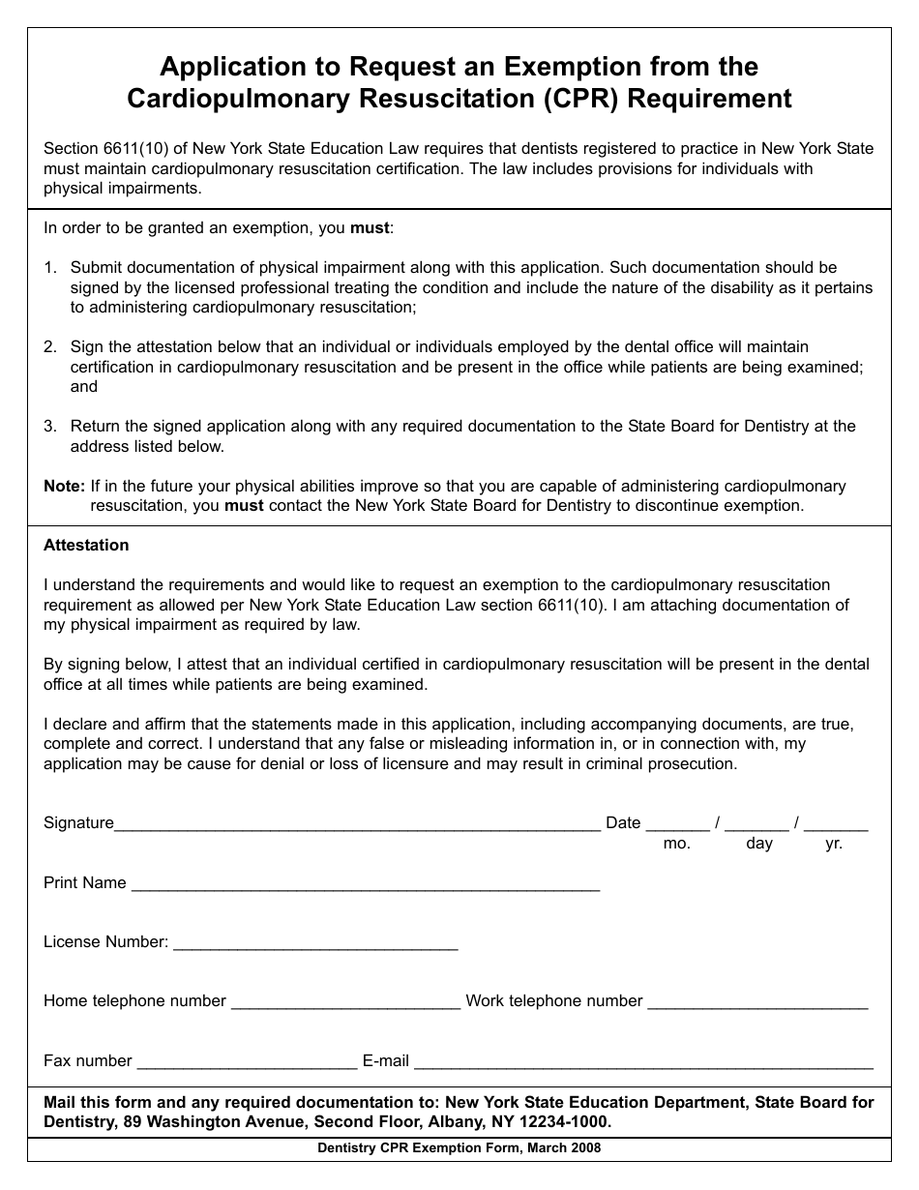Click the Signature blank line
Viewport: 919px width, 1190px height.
point(357,825)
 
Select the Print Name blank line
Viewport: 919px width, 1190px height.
point(365,884)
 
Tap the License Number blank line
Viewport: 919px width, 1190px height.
point(314,944)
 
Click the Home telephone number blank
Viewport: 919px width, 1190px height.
point(345,1003)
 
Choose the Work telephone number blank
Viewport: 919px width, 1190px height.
point(757,1003)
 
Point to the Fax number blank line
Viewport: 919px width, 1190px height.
point(247,1063)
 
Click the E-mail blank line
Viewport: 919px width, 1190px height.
point(643,1063)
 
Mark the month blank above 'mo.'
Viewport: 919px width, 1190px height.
point(677,825)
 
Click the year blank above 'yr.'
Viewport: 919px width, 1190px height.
point(836,825)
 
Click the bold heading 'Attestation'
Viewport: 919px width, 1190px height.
point(86,546)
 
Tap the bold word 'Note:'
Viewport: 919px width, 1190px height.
point(65,487)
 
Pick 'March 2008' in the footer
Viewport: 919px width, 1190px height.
point(564,1148)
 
